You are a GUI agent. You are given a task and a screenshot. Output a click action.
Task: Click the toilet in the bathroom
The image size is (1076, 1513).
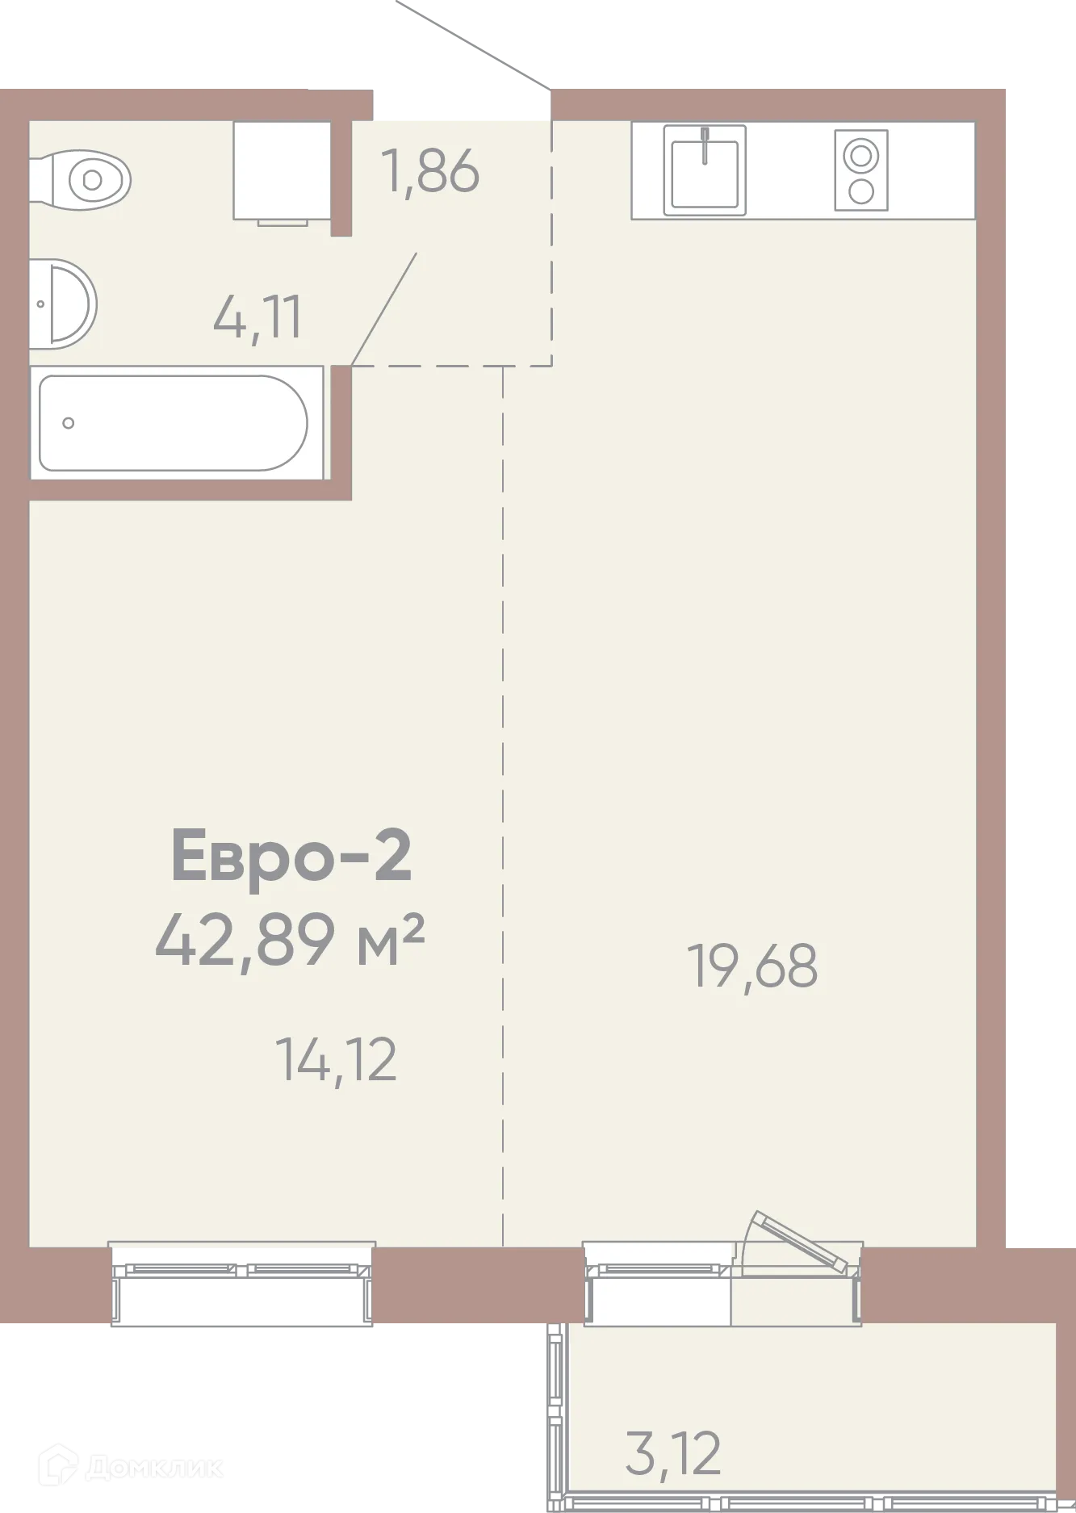click(81, 179)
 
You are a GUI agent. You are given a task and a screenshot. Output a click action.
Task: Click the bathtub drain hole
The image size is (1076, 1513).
click(69, 423)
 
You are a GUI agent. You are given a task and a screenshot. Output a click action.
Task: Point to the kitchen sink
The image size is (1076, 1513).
click(705, 170)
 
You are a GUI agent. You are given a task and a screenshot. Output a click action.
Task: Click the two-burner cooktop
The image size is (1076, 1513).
click(861, 170)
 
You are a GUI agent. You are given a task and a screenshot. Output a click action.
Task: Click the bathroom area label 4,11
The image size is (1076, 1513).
click(257, 317)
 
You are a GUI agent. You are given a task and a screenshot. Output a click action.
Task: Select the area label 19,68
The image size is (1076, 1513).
click(752, 966)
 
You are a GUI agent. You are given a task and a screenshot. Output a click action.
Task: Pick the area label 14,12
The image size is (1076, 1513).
click(336, 1060)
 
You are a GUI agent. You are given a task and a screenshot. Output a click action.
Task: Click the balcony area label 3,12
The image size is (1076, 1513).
click(673, 1454)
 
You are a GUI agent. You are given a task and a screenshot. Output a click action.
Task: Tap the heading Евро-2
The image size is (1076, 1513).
click(291, 856)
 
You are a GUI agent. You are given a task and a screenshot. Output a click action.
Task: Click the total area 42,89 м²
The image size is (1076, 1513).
click(290, 940)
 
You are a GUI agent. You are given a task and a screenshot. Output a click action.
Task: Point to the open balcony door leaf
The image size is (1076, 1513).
click(799, 1242)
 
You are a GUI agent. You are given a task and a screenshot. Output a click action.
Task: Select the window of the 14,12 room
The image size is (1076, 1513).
click(242, 1283)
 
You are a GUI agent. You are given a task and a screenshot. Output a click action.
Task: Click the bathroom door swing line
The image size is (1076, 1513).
click(384, 308)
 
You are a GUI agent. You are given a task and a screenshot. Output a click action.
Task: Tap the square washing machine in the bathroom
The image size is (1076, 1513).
click(283, 170)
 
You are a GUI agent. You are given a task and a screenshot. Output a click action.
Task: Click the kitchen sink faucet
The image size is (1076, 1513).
click(705, 145)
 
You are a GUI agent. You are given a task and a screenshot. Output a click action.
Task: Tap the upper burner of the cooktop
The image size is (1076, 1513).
click(861, 155)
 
